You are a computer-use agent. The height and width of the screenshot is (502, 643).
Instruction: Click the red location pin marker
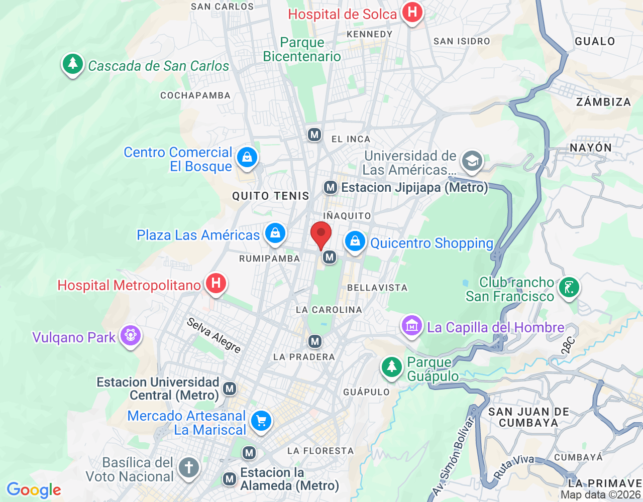point(321,235)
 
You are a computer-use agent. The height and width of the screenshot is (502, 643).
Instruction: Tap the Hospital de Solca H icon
point(412,12)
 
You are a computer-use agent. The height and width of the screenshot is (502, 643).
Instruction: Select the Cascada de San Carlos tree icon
point(73,64)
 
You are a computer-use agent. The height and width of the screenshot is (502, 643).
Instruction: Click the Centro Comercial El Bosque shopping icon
point(247,158)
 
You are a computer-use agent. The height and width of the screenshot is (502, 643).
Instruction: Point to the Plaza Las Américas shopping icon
point(275,233)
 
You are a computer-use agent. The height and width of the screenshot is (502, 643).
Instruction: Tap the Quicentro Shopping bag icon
point(355,241)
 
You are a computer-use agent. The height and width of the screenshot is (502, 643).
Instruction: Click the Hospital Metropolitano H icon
point(216,284)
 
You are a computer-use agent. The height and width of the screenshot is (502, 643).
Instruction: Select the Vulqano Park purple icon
point(131,335)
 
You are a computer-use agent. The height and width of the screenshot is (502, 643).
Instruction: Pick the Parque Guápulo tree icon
point(391,367)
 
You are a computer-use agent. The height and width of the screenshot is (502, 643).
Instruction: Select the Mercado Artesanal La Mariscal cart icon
point(261,421)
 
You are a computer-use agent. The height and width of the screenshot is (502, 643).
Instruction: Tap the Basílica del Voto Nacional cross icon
point(189,467)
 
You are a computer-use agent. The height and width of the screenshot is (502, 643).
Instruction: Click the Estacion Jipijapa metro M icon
point(330,188)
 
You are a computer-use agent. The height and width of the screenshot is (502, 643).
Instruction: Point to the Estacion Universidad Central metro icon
point(230,389)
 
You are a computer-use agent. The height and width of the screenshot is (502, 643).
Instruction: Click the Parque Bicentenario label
point(302,49)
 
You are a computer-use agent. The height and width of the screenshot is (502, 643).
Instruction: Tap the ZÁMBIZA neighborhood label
point(603,102)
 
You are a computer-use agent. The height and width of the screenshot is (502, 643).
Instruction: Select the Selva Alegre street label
point(214,335)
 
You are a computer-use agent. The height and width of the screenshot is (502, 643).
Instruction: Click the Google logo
point(34,490)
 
